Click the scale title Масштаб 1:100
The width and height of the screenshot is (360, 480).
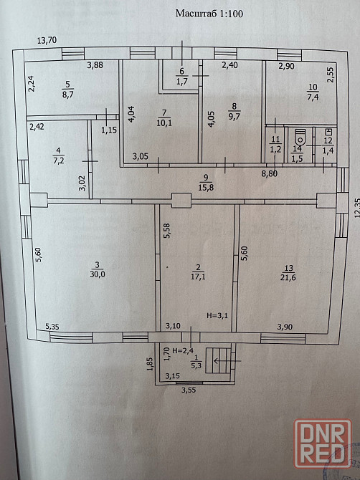pyautogui.click(x=209, y=14)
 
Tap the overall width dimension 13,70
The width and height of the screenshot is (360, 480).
pyautogui.click(x=47, y=40)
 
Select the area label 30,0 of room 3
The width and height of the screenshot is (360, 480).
pyautogui.click(x=98, y=274)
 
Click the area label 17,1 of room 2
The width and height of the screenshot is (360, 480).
pyautogui.click(x=198, y=277)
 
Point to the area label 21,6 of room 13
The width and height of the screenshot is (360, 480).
pyautogui.click(x=288, y=277)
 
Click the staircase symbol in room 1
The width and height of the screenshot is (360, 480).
pyautogui.click(x=218, y=360)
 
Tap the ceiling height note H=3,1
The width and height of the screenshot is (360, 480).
pyautogui.click(x=217, y=316)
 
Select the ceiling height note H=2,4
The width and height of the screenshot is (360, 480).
pyautogui.click(x=183, y=350)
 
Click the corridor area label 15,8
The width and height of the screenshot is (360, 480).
pyautogui.click(x=206, y=188)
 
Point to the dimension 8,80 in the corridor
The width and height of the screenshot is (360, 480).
pyautogui.click(x=270, y=173)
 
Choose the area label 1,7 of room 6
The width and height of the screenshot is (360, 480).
pyautogui.click(x=181, y=82)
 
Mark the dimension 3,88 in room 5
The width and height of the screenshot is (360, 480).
pyautogui.click(x=95, y=65)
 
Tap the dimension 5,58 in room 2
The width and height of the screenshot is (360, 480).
pyautogui.click(x=166, y=222)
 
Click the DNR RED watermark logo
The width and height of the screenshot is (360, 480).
pyautogui.click(x=323, y=443)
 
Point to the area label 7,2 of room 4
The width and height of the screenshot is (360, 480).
pyautogui.click(x=59, y=160)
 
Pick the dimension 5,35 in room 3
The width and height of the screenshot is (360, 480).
pyautogui.click(x=52, y=327)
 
